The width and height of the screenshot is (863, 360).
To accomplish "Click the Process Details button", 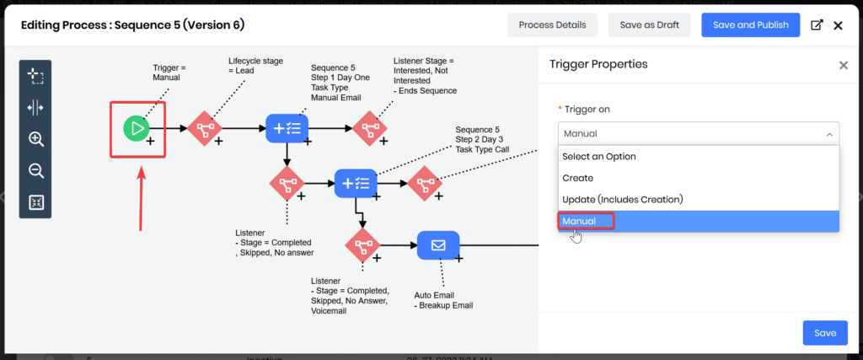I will tap(552, 25).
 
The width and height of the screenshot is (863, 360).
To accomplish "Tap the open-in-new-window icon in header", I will tap(816, 25).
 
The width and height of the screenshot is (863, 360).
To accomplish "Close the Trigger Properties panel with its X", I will tap(843, 65).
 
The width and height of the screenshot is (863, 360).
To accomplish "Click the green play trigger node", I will tap(136, 128).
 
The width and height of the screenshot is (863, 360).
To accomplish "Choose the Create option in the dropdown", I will tap(578, 178).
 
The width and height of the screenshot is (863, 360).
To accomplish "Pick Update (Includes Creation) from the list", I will tap(622, 200).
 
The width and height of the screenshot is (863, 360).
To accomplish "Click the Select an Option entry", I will tap(599, 156).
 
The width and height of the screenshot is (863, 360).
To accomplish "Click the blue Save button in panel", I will tap(824, 333).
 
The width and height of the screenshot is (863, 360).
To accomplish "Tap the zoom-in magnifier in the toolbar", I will tap(36, 139).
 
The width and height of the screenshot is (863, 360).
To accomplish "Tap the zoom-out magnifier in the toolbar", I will tap(36, 171).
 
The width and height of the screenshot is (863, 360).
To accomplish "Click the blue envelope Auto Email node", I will tap(438, 246).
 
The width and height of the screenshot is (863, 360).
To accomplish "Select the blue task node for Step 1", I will tap(287, 128).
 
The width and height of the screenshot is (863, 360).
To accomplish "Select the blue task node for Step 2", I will tap(355, 183).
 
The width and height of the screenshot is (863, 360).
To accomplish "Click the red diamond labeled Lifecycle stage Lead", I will tap(203, 128).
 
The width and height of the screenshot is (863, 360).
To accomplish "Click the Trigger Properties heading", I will tap(598, 65).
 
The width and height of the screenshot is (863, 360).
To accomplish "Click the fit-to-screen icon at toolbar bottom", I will tap(36, 202).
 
